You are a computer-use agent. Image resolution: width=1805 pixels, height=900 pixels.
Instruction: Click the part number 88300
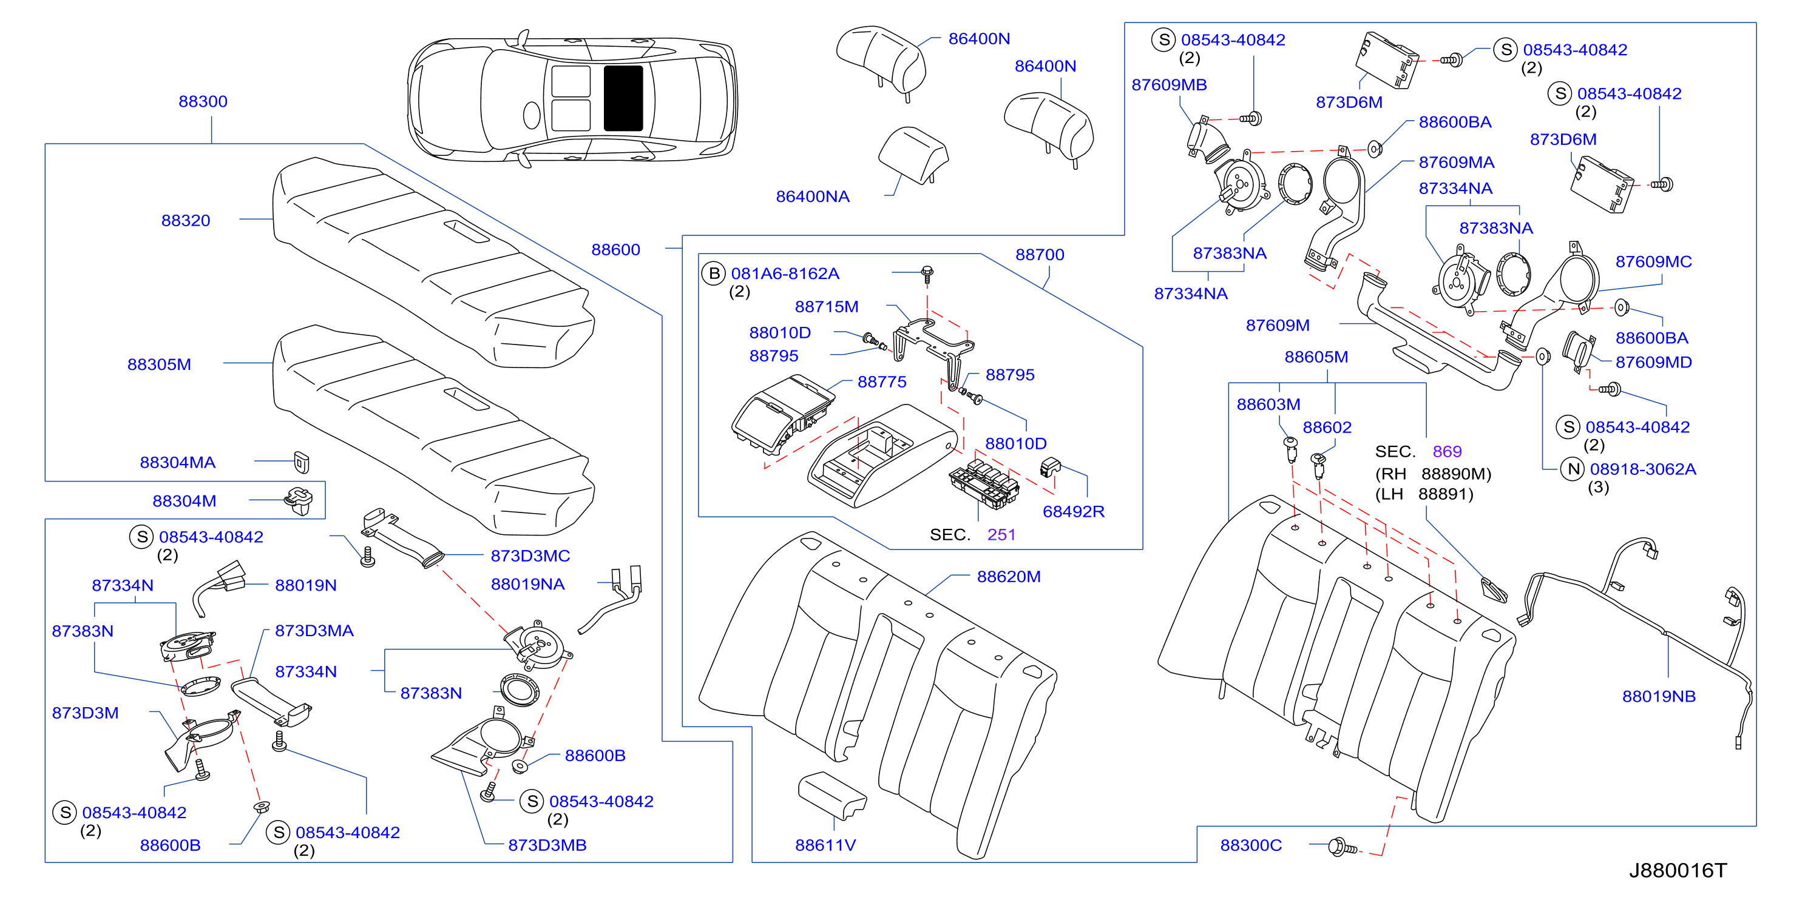203,101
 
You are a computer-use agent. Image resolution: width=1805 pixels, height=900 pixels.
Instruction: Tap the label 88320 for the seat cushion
186,221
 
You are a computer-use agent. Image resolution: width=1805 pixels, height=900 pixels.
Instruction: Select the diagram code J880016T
1678,870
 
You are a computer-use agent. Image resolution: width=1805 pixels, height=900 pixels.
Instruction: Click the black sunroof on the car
623,98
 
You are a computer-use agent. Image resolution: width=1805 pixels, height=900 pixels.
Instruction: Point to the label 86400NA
812,197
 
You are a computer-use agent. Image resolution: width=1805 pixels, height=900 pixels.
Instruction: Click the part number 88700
1039,255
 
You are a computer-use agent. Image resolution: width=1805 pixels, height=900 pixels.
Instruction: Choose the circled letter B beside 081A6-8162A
713,273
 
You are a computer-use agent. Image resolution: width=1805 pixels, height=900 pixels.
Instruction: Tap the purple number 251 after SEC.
1001,535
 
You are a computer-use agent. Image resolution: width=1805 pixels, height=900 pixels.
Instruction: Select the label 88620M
1008,577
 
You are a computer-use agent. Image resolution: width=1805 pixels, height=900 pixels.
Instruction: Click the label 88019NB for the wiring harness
1659,696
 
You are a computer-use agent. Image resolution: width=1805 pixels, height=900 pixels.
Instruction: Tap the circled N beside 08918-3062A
1574,469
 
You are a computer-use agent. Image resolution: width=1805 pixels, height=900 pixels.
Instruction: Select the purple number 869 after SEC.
1447,452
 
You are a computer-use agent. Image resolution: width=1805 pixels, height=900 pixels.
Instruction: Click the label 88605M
1316,357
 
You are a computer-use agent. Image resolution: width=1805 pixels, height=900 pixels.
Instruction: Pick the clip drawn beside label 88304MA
301,462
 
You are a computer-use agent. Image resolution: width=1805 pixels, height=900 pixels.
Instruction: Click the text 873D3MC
530,556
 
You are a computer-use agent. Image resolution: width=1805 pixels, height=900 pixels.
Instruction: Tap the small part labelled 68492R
1051,466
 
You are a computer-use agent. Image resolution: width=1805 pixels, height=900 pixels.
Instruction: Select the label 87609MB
1169,85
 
